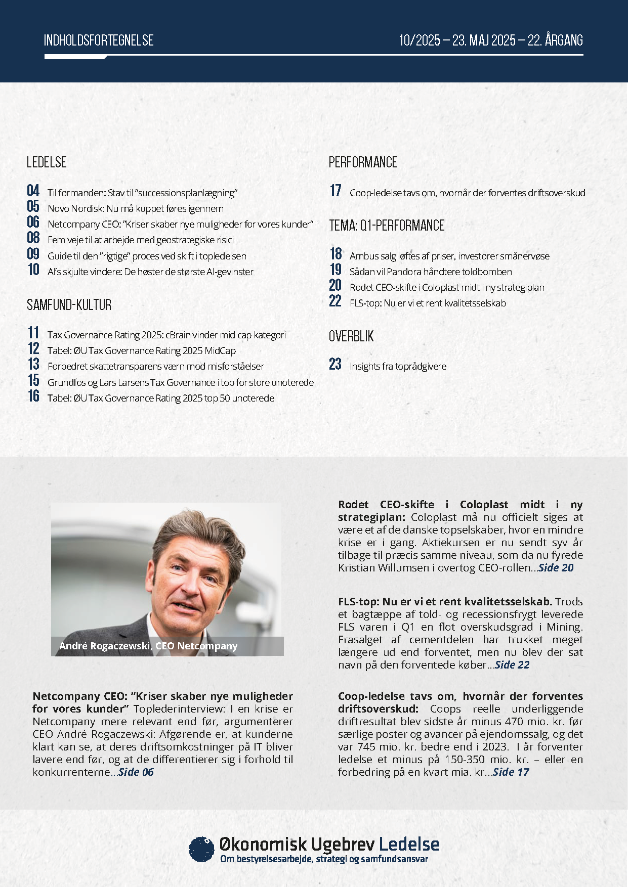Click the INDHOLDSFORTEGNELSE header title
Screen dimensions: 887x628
tap(99, 40)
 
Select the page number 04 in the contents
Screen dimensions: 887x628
tap(33, 191)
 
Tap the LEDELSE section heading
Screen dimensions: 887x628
tap(47, 162)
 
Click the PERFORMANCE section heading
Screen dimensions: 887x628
tap(363, 162)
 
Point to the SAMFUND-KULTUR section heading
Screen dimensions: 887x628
tap(69, 305)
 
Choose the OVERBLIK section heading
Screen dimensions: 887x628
tap(351, 336)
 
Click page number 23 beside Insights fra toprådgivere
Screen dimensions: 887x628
tap(335, 364)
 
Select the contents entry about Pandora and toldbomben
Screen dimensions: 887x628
tap(431, 272)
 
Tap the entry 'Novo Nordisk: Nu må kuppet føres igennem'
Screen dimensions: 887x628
tap(135, 208)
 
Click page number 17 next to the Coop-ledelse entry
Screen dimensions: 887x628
tap(336, 191)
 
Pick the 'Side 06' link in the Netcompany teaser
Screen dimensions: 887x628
tap(136, 772)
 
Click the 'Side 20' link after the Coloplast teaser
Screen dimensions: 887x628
tap(556, 567)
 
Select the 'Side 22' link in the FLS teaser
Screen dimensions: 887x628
tap(512, 664)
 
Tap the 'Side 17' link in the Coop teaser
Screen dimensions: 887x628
tap(511, 772)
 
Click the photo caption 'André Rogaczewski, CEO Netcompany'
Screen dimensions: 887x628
tap(148, 646)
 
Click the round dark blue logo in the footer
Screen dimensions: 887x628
tap(201, 849)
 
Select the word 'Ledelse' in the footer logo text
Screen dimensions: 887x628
tap(409, 844)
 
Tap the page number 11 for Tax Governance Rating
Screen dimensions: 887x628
tap(33, 333)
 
